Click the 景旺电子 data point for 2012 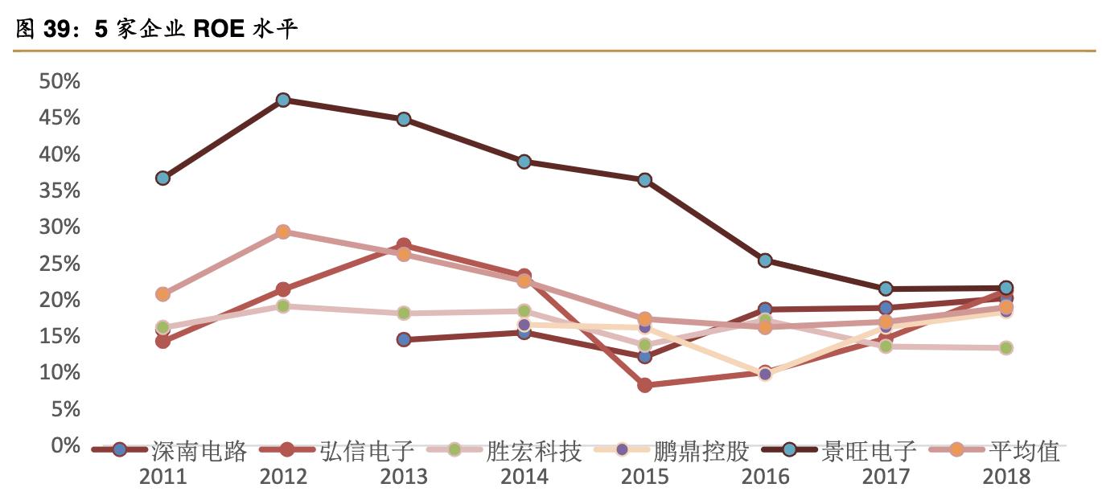(x=283, y=100)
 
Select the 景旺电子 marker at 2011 (x=162, y=178)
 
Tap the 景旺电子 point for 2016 (x=765, y=260)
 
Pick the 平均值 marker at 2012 (x=283, y=232)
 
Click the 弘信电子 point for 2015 (x=644, y=385)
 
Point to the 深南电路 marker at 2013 (x=404, y=339)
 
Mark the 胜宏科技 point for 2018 (x=1005, y=347)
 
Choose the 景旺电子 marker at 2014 (x=524, y=162)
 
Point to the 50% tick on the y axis (x=59, y=81)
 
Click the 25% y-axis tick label (x=59, y=264)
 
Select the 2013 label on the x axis (x=404, y=477)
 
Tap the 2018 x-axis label (x=1005, y=477)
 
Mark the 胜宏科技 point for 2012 (x=283, y=306)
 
